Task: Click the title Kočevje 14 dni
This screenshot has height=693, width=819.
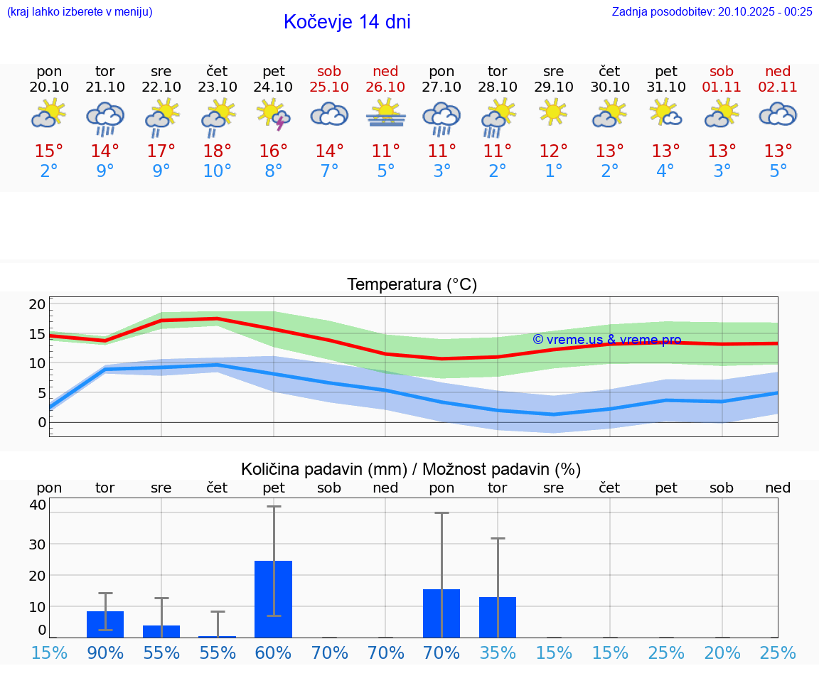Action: [x=347, y=22]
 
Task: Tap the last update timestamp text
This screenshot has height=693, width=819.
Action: [x=712, y=11]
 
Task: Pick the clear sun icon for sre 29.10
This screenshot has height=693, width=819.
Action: [x=553, y=113]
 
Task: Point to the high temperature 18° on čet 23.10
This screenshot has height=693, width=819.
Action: [x=217, y=151]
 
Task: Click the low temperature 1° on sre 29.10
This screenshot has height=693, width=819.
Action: [x=553, y=171]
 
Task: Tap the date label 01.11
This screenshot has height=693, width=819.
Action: [x=722, y=87]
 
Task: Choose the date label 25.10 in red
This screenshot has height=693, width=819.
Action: [x=329, y=87]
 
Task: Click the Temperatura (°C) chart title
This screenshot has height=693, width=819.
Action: [x=412, y=285]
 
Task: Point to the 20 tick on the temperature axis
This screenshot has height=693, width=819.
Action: [x=38, y=304]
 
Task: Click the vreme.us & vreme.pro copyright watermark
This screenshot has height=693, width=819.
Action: [x=607, y=340]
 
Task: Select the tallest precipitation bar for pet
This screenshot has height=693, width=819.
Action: [x=274, y=598]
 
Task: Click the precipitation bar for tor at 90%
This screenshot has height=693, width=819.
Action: [x=105, y=624]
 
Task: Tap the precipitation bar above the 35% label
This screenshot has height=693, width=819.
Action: [x=498, y=617]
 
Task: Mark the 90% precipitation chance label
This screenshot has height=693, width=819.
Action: [x=105, y=652]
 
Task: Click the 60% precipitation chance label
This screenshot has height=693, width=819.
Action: [x=274, y=652]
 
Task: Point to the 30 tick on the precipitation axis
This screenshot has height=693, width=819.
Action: [x=38, y=544]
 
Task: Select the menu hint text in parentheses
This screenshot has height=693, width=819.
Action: [x=80, y=11]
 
